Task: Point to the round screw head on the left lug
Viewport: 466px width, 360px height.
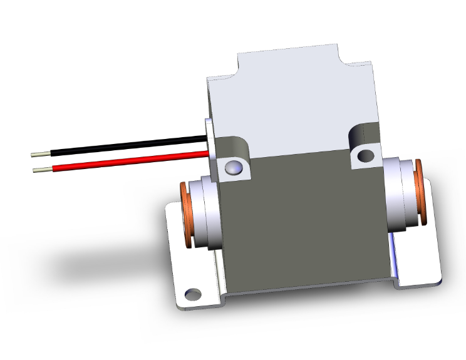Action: coord(232,167)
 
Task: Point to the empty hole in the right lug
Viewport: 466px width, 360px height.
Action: coord(363,155)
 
